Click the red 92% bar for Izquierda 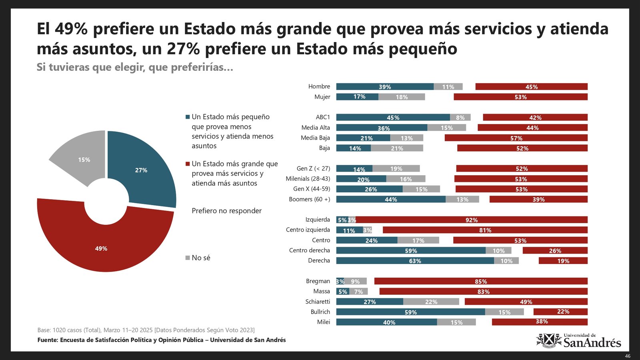[x=471, y=220]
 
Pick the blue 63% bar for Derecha [x=415, y=261]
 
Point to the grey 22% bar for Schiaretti [x=431, y=302]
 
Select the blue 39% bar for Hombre [x=385, y=86]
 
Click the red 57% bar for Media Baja [x=516, y=138]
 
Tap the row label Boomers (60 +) [x=309, y=199]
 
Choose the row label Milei [x=323, y=322]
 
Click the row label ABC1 [x=323, y=117]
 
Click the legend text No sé [x=201, y=258]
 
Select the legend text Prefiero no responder [x=226, y=211]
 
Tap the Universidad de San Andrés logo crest [x=549, y=340]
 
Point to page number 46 [x=628, y=356]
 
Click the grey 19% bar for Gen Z [x=396, y=168]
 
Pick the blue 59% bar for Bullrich [x=410, y=312]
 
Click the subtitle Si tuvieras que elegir [x=135, y=67]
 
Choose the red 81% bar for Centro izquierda [x=485, y=230]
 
